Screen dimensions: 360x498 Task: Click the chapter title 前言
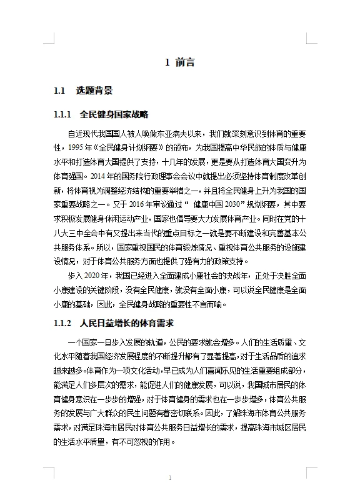(x=185, y=62)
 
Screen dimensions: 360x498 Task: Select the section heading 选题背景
(x=94, y=91)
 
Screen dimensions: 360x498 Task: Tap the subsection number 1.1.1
(x=64, y=115)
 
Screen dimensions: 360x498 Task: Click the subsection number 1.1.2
(x=64, y=324)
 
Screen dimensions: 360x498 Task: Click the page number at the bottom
(x=170, y=477)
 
